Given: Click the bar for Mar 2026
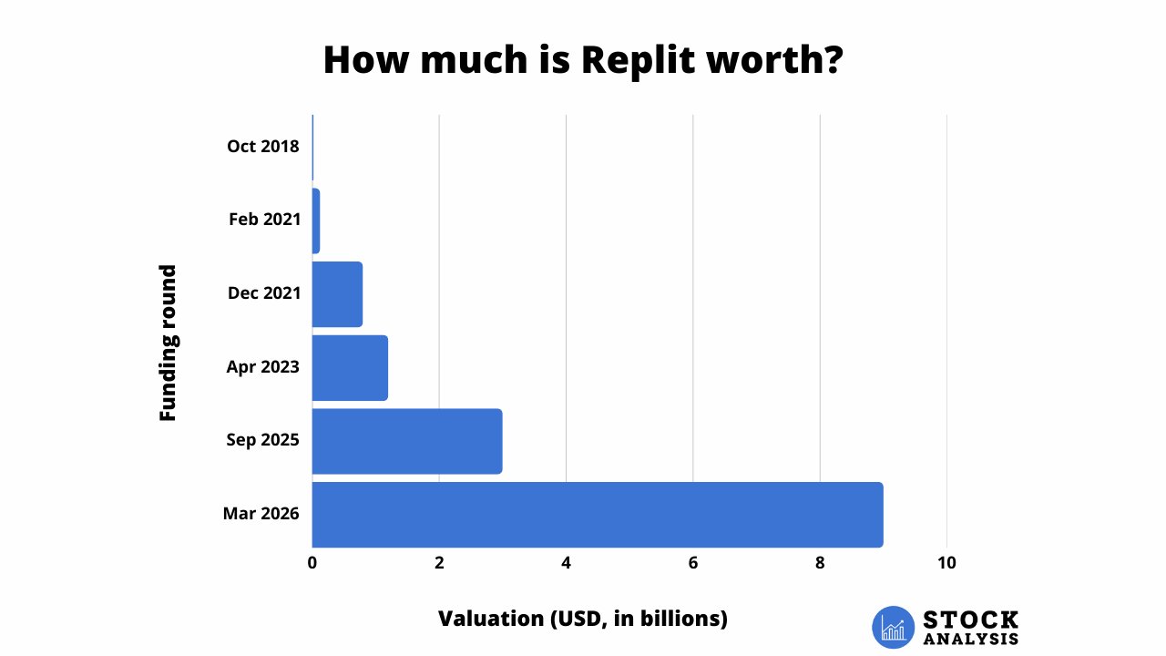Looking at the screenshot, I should (x=598, y=515).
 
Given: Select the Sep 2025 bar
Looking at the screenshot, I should (x=407, y=441).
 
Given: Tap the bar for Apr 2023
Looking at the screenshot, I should (x=350, y=368).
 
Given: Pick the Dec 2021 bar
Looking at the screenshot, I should (x=337, y=294).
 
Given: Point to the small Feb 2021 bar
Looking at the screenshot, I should (x=316, y=220).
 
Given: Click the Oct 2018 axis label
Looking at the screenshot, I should (x=263, y=146).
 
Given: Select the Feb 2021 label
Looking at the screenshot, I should (x=265, y=220).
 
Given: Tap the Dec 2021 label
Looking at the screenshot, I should (x=263, y=293).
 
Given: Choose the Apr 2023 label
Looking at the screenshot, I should (x=263, y=367).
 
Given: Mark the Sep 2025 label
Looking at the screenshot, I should (x=263, y=440).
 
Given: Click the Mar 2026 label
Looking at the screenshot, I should (x=261, y=514).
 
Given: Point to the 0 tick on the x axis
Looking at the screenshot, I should (x=312, y=563).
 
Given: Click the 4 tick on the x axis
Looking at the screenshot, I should (x=566, y=563).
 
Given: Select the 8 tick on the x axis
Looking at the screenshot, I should (x=820, y=563).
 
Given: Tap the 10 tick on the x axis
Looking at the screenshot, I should (x=946, y=563).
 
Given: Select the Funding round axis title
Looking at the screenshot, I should (x=168, y=343).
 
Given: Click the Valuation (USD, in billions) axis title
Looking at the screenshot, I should (x=583, y=619).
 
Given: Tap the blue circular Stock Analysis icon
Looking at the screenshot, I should (x=893, y=628).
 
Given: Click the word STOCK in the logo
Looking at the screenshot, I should (x=970, y=620).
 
